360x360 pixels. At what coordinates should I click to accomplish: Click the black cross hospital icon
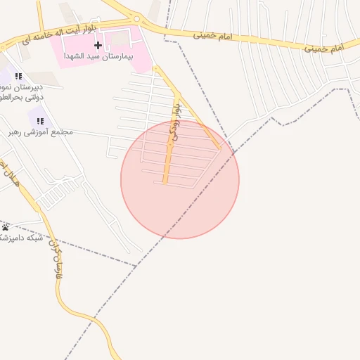coord(98,45)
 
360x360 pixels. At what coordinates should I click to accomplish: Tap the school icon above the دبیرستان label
coord(18,76)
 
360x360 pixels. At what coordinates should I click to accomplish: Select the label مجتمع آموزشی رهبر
coord(41,131)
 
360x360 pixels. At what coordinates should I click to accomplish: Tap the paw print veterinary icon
coord(6,226)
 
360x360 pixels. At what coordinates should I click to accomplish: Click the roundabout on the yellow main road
coord(137,19)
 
